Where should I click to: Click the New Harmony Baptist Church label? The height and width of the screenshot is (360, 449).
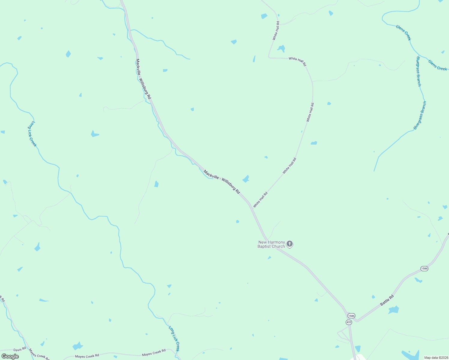pyautogui.click(x=271, y=244)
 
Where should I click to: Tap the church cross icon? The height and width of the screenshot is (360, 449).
pyautogui.click(x=290, y=244)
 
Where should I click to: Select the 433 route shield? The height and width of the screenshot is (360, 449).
pyautogui.click(x=348, y=322)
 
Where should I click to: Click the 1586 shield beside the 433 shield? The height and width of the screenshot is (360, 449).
pyautogui.click(x=351, y=316)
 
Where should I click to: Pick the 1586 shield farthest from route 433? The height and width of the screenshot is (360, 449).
pyautogui.click(x=424, y=268)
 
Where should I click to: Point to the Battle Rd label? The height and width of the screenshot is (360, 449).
pyautogui.click(x=387, y=300)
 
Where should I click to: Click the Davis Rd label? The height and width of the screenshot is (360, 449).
pyautogui.click(x=20, y=349)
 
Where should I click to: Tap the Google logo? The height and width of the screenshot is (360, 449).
pyautogui.click(x=10, y=356)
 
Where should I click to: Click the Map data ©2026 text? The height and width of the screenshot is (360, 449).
pyautogui.click(x=436, y=358)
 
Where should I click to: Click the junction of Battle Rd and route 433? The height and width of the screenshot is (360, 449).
pyautogui.click(x=356, y=320)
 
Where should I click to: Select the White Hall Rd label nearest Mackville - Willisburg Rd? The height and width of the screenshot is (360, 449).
pyautogui.click(x=260, y=200)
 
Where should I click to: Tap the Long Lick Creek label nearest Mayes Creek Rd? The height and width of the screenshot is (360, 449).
pyautogui.click(x=174, y=339)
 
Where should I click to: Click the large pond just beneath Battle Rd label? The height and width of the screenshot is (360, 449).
pyautogui.click(x=393, y=310)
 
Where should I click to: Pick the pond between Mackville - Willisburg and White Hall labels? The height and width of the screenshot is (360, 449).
pyautogui.click(x=246, y=179)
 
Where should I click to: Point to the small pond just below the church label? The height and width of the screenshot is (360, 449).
pyautogui.click(x=270, y=257)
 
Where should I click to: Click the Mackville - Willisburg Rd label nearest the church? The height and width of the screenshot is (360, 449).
pyautogui.click(x=222, y=182)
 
